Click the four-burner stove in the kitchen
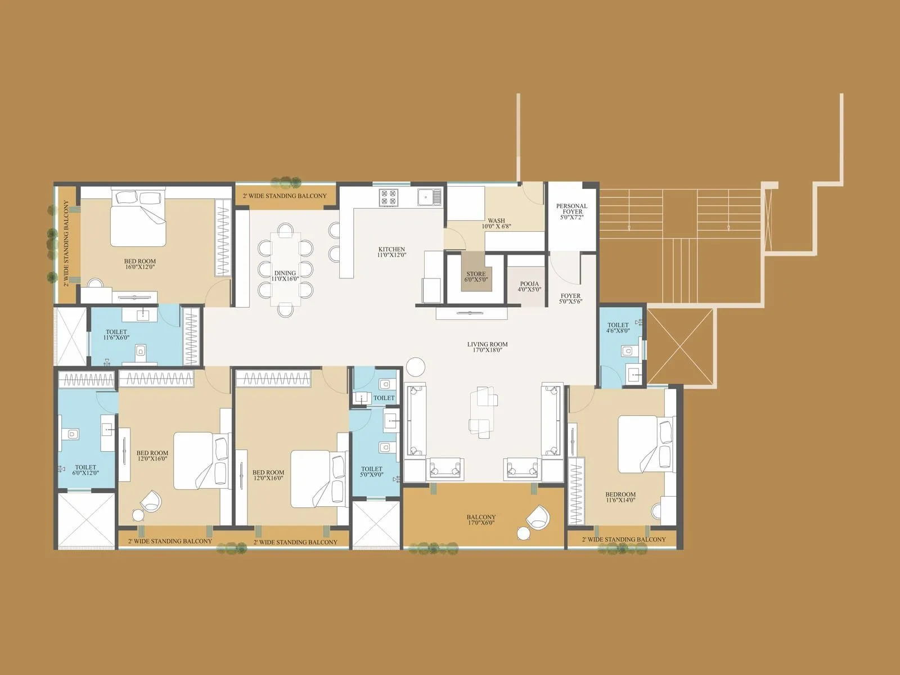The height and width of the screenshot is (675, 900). point(389,197)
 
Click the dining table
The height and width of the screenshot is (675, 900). point(285,269)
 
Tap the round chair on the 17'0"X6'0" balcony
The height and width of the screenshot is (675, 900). point(538,516)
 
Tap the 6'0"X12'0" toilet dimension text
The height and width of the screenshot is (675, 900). point(85,473)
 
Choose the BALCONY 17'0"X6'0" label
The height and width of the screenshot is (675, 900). point(481,520)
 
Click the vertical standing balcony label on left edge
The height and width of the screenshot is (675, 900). point(66,243)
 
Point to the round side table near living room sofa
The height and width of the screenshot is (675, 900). point(416,367)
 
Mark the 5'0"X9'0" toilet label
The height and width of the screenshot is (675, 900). point(372,472)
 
